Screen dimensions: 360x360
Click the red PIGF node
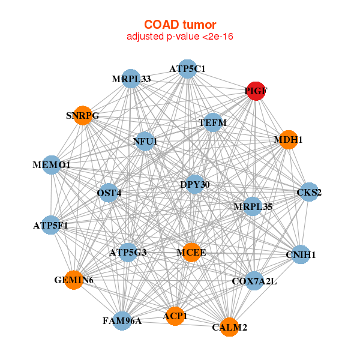click(256, 91)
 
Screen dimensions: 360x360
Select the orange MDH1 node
click(289, 140)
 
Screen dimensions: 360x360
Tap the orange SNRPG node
click(83, 115)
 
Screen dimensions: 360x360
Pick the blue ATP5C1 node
click(187, 69)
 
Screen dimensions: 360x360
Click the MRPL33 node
click(131, 79)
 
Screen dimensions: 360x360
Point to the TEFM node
click(213, 123)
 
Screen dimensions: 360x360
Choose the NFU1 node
click(145, 142)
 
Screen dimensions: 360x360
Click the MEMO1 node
click(52, 164)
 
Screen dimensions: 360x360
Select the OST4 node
click(109, 193)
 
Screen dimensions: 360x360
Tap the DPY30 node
click(195, 184)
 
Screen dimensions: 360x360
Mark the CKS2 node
click(309, 193)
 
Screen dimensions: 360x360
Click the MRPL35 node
click(253, 206)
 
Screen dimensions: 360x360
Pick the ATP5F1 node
click(51, 226)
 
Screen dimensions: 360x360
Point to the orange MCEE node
click(192, 253)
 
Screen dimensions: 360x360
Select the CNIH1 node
click(301, 254)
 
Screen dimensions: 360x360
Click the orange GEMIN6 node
click(73, 280)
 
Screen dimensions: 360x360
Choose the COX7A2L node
click(254, 280)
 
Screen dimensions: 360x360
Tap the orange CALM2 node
click(229, 327)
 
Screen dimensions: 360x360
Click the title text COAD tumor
click(180, 25)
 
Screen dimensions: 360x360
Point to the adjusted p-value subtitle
click(180, 37)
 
